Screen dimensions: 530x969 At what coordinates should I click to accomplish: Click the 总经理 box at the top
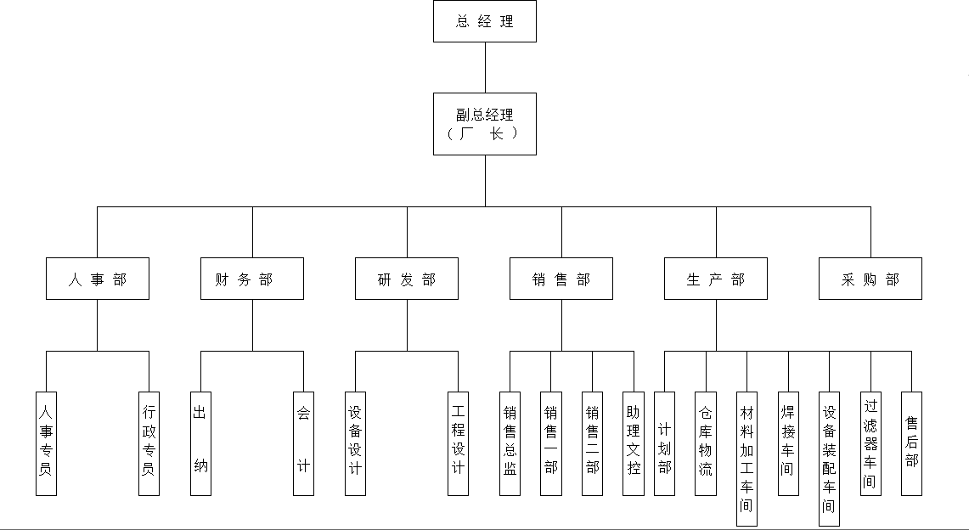coord(485,21)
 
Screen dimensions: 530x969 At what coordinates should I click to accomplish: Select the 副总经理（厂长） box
coord(485,124)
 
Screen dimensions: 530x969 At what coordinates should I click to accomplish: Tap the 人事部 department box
coord(98,279)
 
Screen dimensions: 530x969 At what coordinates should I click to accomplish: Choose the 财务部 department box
coord(252,279)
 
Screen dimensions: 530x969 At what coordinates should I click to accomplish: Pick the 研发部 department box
coord(407,279)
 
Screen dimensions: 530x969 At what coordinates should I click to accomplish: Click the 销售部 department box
coord(561,279)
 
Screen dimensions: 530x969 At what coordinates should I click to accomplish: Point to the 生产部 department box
coord(716,279)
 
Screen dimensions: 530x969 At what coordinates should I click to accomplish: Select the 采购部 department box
coord(870,279)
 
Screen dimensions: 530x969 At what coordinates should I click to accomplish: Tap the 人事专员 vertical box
coord(46,443)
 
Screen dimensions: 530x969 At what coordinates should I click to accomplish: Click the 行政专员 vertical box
coord(149,443)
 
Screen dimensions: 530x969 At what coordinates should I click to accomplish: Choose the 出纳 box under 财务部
coord(200,443)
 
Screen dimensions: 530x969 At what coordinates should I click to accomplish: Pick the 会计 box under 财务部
coord(303,443)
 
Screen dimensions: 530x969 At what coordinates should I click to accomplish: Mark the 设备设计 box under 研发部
coord(355,443)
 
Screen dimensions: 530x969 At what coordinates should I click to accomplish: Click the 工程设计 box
coord(458,443)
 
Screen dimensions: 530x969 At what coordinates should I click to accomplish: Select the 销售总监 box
coord(510,443)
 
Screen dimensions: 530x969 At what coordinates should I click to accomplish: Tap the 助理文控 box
coord(634,443)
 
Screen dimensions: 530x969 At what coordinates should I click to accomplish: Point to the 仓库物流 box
coord(706,443)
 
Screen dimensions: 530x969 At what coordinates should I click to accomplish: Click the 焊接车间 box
coord(788,443)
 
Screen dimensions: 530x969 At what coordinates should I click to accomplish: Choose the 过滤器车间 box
coord(870,443)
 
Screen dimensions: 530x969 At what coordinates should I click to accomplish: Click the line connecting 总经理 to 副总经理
coord(485,67)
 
